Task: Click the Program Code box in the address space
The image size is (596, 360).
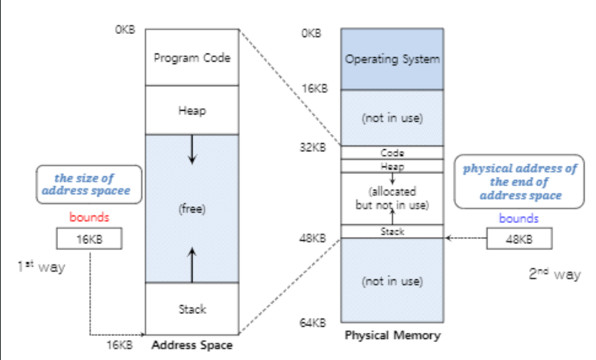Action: click(x=191, y=57)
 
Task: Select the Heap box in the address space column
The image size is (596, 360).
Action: click(x=191, y=110)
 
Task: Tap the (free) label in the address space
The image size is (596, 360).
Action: click(x=191, y=208)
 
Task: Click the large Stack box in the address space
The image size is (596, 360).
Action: click(x=191, y=309)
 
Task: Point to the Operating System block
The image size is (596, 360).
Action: click(x=392, y=59)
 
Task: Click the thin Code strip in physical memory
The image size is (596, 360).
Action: click(x=392, y=152)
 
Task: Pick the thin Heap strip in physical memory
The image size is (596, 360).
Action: click(x=392, y=166)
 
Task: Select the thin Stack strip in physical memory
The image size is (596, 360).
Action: click(x=392, y=232)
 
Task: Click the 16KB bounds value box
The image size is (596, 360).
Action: click(x=89, y=239)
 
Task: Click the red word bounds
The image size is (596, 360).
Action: click(x=89, y=218)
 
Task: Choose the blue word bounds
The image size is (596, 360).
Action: click(x=519, y=218)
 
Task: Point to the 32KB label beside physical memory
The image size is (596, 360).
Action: click(x=314, y=147)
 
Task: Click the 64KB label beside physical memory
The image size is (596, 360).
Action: click(x=314, y=323)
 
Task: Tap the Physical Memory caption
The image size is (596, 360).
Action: click(x=392, y=335)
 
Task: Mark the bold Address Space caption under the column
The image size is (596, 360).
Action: click(x=192, y=346)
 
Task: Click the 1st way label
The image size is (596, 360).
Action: click(x=41, y=267)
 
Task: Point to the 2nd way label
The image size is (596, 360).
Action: click(x=555, y=274)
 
